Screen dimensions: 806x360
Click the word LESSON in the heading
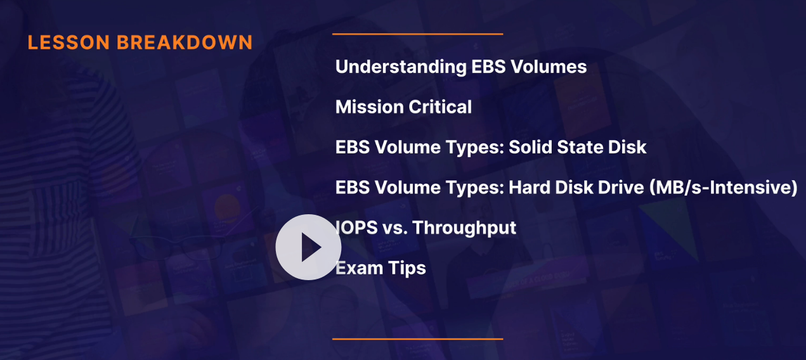click(x=68, y=42)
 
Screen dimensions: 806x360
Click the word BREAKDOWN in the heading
click(x=185, y=42)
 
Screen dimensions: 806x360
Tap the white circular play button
click(x=308, y=247)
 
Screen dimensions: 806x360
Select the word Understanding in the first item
click(x=401, y=67)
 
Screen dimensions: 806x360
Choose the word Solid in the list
click(x=530, y=147)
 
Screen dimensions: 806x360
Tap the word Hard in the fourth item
click(x=530, y=188)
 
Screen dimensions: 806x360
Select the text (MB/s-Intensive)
click(x=724, y=188)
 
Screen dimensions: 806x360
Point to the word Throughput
click(x=464, y=228)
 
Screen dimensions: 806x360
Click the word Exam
click(x=359, y=268)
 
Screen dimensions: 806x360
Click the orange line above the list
click(x=418, y=34)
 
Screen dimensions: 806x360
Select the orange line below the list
click(x=418, y=339)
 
